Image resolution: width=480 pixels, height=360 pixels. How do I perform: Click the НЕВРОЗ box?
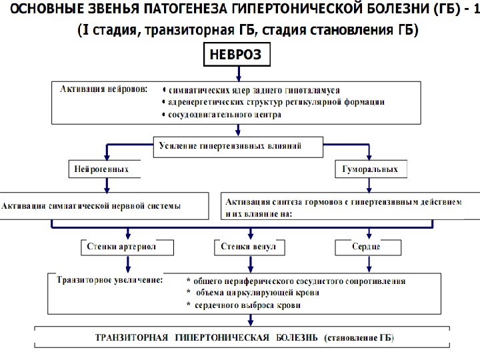[236, 55]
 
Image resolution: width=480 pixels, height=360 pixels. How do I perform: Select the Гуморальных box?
[370, 169]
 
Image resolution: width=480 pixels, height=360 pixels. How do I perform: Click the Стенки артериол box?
[127, 247]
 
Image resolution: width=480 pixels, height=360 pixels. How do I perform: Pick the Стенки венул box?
[248, 247]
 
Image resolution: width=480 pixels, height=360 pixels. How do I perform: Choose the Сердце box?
[366, 247]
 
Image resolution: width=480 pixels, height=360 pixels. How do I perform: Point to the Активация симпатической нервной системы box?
[107, 205]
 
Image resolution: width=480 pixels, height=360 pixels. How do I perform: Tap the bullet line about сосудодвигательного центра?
[224, 114]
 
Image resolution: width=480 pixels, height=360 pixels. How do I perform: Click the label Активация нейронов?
[104, 90]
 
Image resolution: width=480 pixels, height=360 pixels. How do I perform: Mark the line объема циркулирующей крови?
[253, 293]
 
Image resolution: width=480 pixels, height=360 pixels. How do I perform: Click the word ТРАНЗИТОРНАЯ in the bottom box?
[132, 337]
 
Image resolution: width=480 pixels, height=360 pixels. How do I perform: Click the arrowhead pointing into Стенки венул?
[250, 235]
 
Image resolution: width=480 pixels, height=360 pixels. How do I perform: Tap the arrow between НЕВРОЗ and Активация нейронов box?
[236, 73]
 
